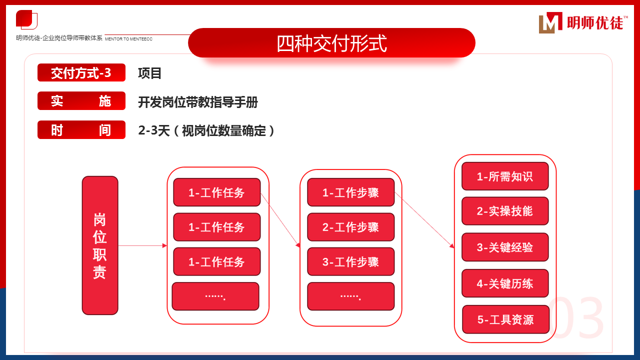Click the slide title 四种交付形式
tap(331, 43)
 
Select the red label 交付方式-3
tap(81, 73)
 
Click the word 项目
tap(150, 73)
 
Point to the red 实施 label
tap(81, 101)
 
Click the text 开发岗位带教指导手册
tap(198, 102)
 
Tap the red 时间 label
tap(81, 130)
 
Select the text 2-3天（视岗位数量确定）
tap(206, 131)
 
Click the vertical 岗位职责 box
tap(100, 245)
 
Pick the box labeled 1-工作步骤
tap(350, 192)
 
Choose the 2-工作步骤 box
tap(350, 227)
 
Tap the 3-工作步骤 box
tap(350, 261)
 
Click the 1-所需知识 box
tap(505, 176)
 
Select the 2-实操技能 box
tap(505, 211)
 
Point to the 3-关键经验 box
tap(505, 247)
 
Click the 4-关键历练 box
tap(505, 283)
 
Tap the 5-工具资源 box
tap(505, 319)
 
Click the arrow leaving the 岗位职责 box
tap(142, 245)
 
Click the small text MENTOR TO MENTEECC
tap(128, 38)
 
